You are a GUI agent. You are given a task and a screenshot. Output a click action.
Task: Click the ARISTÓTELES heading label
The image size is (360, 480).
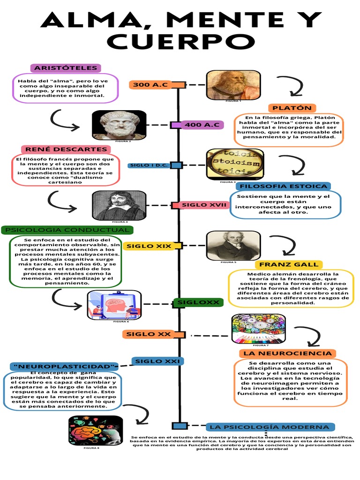pyautogui.click(x=66, y=68)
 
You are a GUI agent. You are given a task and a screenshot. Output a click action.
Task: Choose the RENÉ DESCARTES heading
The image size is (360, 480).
pyautogui.click(x=66, y=150)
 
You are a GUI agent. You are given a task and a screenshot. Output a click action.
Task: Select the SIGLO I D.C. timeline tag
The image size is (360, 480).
pyautogui.click(x=149, y=165)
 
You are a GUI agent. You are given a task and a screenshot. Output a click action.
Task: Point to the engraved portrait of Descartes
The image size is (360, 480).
pyautogui.click(x=119, y=205)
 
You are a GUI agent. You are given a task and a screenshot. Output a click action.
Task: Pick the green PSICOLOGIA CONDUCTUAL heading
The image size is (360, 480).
pyautogui.click(x=67, y=230)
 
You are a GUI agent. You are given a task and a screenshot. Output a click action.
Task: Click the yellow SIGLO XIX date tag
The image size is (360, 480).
pyautogui.click(x=146, y=246)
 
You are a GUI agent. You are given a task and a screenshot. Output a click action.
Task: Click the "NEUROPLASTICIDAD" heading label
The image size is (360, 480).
pyautogui.click(x=65, y=366)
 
